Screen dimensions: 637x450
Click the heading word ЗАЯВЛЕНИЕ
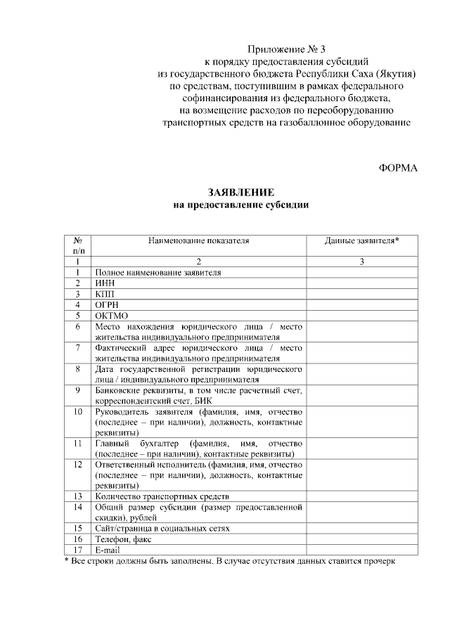(240, 193)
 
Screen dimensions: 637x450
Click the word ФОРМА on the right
(398, 168)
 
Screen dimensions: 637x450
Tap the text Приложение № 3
(287, 49)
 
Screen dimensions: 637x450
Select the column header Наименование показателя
(198, 240)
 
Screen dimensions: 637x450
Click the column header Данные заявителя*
(361, 240)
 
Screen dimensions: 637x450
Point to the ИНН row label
(105, 283)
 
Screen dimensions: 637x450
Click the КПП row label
(105, 293)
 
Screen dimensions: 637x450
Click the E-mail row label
(108, 550)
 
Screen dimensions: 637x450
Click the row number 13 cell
(78, 496)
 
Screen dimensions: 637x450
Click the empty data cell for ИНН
(361, 283)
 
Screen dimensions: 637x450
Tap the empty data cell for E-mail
(361, 550)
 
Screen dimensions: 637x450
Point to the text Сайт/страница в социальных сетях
(162, 528)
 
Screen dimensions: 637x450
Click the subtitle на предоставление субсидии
(240, 205)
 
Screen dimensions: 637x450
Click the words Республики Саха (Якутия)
(356, 73)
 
